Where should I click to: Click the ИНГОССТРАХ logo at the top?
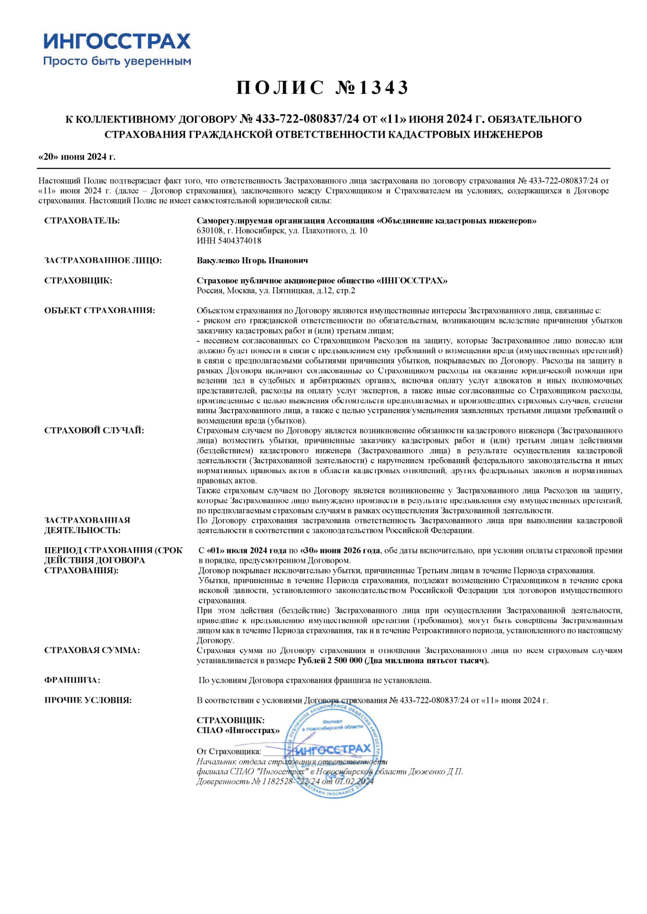117,41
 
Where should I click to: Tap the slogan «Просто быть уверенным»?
117,61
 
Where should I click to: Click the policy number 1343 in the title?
384,88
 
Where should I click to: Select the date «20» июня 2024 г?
77,157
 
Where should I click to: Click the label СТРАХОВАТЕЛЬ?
82,221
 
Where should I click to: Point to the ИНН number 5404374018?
229,241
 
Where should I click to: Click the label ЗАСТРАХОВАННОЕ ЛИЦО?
103,261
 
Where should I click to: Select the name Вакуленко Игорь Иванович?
252,261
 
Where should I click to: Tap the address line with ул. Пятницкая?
276,291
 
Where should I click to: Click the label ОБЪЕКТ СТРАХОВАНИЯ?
99,311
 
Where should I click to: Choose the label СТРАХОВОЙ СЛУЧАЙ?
94,430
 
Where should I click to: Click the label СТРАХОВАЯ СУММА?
92,650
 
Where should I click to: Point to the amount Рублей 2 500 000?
329,661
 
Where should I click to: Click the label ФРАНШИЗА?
72,681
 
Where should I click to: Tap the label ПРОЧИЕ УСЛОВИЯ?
88,700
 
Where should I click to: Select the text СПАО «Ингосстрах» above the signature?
238,731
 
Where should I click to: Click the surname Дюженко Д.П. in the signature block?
436,772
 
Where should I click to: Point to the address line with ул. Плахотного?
282,231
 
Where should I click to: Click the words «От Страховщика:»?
229,751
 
